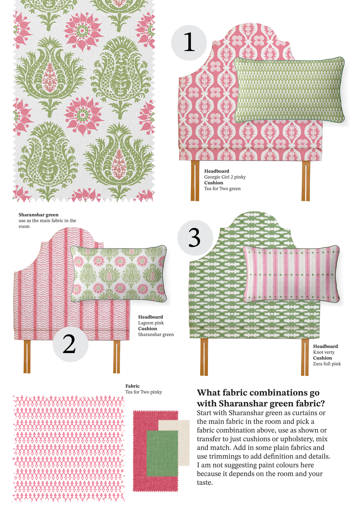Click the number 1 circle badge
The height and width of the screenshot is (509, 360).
189,43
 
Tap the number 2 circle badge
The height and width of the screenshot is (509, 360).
70,344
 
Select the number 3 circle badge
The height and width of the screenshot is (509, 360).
195,238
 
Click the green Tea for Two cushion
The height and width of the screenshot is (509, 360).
289,90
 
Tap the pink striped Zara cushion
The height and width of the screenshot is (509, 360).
291,274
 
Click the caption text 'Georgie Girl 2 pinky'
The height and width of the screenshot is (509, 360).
225,177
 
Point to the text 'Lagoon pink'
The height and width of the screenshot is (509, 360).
151,323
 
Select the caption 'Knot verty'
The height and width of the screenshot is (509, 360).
324,352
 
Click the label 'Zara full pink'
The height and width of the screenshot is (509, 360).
327,364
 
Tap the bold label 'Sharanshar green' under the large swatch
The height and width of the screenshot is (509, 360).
38,215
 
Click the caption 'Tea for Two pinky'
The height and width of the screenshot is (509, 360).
144,392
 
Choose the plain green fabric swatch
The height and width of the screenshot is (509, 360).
162,453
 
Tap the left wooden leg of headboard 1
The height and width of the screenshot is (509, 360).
195,181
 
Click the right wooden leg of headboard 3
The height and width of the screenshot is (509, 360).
305,357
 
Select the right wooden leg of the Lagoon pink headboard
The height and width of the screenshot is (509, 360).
117,357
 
